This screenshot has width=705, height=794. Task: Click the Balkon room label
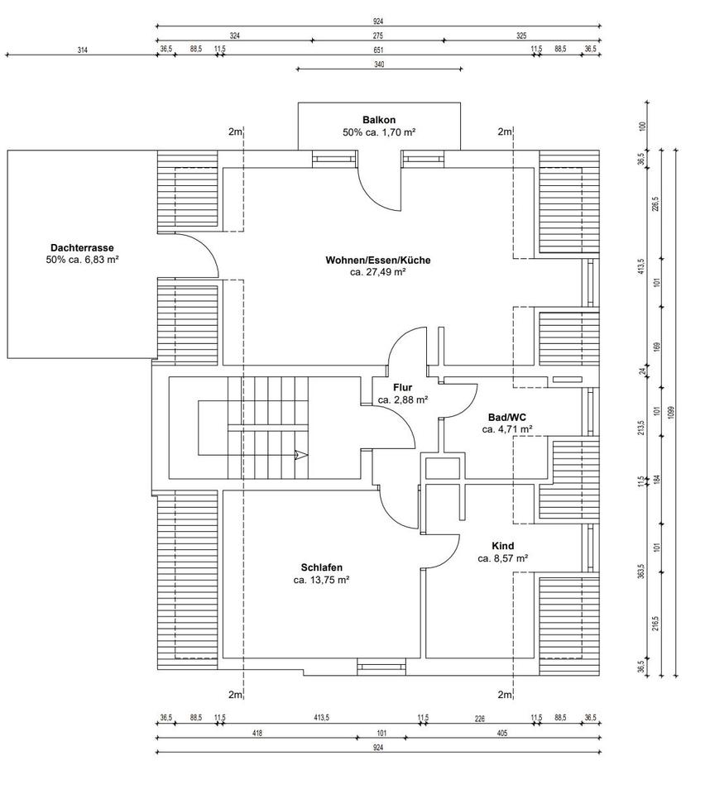click(x=379, y=119)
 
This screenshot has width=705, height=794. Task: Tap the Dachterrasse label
click(x=81, y=247)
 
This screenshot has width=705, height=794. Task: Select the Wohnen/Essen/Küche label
click(x=377, y=260)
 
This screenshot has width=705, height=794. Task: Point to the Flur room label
click(x=402, y=387)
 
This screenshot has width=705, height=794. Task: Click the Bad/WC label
click(x=506, y=417)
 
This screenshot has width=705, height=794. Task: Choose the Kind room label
click(x=502, y=546)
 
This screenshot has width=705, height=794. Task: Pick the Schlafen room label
click(x=321, y=567)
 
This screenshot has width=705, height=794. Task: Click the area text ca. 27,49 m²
click(x=377, y=272)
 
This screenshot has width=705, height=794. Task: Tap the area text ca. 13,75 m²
click(x=321, y=580)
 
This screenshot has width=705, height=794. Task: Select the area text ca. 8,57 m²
click(x=502, y=558)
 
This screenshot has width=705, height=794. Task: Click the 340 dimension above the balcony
click(x=379, y=64)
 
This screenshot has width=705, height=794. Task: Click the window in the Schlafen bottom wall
click(x=381, y=662)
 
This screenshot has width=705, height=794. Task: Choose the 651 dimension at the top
click(x=379, y=50)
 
